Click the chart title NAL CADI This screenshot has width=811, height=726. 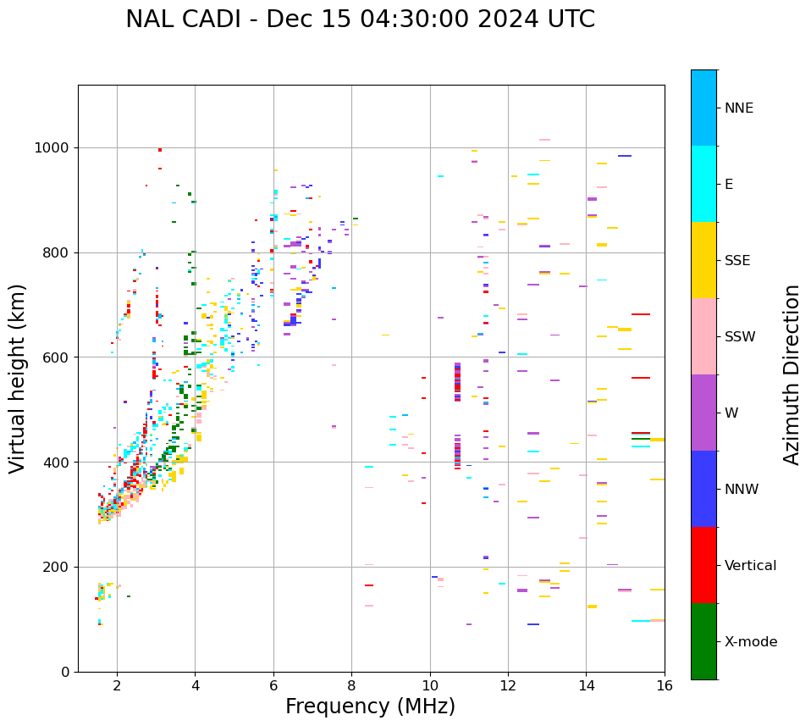[x=360, y=19]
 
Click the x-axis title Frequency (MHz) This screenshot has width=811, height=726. [x=370, y=707]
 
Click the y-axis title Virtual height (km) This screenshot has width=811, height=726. [x=18, y=378]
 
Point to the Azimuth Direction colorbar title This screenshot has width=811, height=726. [x=792, y=374]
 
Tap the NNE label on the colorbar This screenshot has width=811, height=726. [x=738, y=108]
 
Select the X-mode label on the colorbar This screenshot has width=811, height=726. [x=750, y=642]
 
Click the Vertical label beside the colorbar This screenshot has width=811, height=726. [x=750, y=566]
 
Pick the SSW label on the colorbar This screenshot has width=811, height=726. [x=740, y=337]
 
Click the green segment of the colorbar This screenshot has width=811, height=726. [x=703, y=641]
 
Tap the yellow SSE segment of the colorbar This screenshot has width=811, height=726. [x=703, y=260]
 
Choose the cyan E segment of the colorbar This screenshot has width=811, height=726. [x=703, y=184]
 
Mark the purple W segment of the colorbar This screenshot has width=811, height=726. [x=703, y=413]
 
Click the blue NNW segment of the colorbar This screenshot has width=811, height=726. [x=703, y=489]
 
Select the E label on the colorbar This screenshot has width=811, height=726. [x=729, y=185]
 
